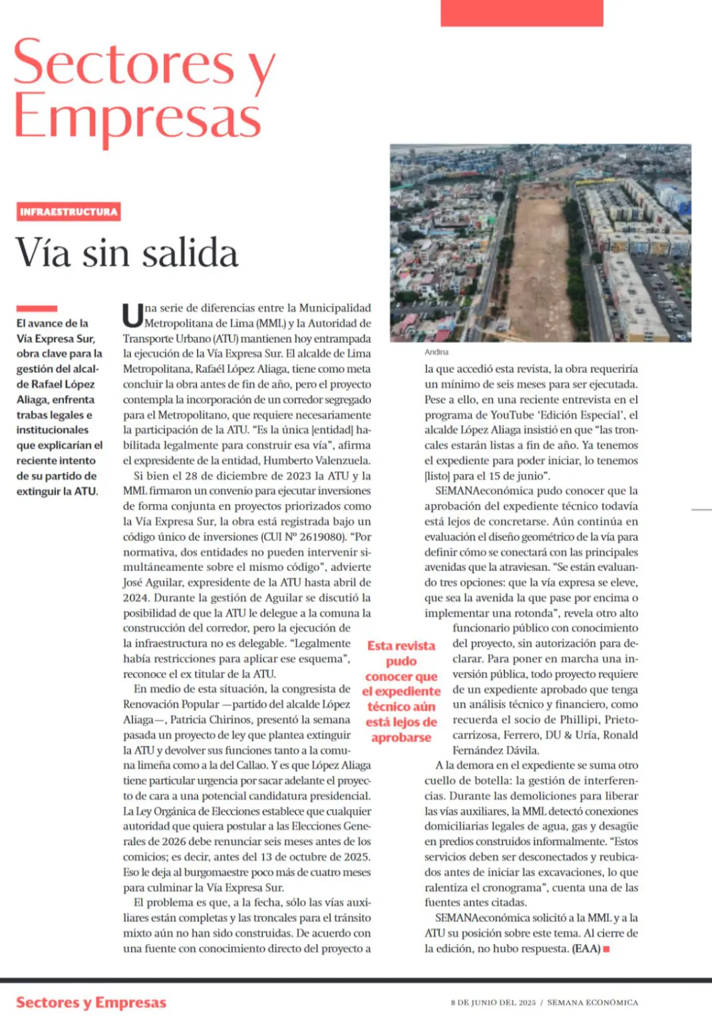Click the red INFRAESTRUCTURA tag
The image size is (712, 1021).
(69, 212)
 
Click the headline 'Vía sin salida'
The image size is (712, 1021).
(127, 253)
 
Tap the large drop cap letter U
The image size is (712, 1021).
(132, 316)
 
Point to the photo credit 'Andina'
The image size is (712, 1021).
(437, 352)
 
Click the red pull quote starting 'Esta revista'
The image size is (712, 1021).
(401, 691)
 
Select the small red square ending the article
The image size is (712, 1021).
(606, 949)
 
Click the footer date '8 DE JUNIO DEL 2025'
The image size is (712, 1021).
(493, 1002)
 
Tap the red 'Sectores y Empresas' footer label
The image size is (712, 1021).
(91, 1002)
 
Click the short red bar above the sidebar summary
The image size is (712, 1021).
(37, 308)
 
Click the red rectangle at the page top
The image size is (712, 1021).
(522, 13)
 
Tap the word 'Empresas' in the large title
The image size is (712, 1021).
(138, 118)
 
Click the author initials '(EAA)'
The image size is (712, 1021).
(586, 949)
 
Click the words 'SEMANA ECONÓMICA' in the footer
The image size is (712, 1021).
(592, 1002)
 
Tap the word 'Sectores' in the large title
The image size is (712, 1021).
(124, 63)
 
